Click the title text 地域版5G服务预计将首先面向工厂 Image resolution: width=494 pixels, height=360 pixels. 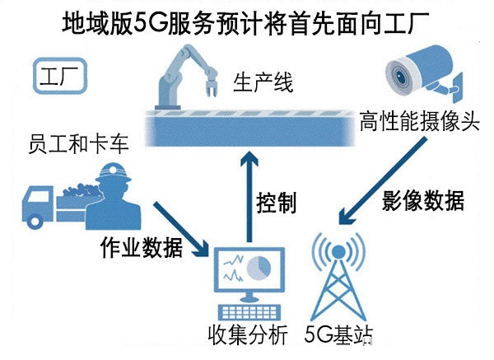coord(247,22)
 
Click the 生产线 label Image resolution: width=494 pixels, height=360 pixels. coord(262,83)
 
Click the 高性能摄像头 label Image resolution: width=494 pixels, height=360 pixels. coord(419,124)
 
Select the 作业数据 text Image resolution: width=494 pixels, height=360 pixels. coord(137,247)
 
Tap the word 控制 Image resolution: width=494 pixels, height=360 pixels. coord(275,202)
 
